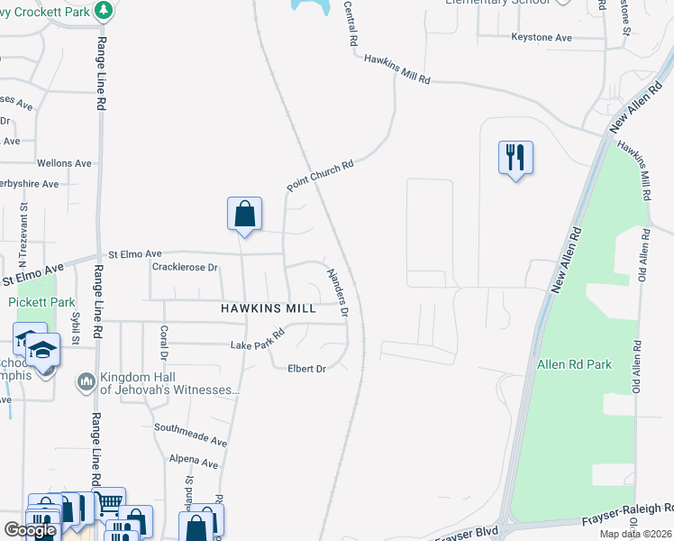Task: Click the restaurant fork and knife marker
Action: (x=515, y=157)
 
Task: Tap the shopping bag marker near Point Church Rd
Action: (x=244, y=214)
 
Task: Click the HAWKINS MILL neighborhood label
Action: (x=269, y=308)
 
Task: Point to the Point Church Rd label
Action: (x=322, y=175)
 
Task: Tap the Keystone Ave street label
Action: (x=542, y=38)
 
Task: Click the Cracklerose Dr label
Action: (x=185, y=267)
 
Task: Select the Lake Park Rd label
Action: (x=257, y=339)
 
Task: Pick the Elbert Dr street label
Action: (x=306, y=368)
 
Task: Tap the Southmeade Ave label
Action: (x=190, y=434)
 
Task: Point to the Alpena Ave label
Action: (x=194, y=463)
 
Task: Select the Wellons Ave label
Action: (x=64, y=163)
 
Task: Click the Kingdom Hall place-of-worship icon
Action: (x=87, y=381)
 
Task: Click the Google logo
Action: (x=30, y=530)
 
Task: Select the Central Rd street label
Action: (x=351, y=23)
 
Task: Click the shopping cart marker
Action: (x=108, y=501)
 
